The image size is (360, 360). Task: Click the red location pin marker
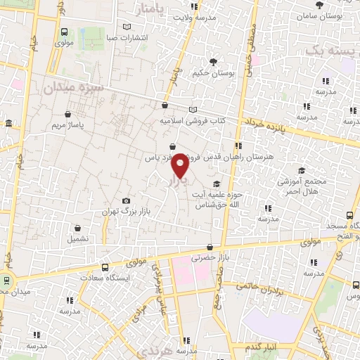click(x=180, y=167)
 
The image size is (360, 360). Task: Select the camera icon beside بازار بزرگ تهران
click(x=126, y=200)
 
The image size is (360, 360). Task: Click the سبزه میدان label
click(x=72, y=88)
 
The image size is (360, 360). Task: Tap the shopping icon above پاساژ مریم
click(x=68, y=114)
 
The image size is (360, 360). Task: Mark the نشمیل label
click(x=77, y=239)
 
